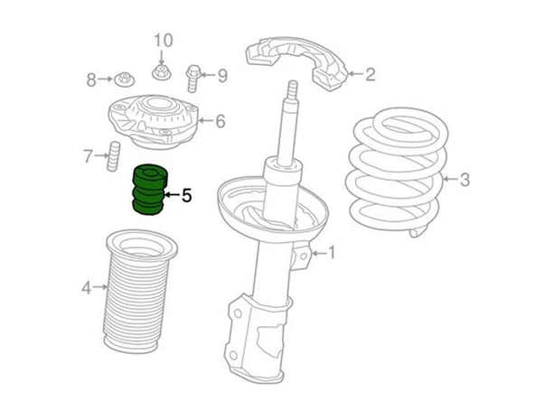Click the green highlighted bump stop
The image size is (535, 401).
149,190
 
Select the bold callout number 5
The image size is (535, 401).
186,195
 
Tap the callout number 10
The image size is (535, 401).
164,41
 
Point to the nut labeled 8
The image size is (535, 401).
124,79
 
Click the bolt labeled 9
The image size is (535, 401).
192,78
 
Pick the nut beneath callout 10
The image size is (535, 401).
161,72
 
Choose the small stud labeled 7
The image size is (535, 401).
114,156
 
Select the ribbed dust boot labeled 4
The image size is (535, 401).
141,291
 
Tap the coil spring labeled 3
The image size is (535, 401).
399,172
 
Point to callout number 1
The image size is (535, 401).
331,253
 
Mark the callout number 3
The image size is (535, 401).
465,180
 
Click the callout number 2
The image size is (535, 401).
371,74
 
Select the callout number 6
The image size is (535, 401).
221,121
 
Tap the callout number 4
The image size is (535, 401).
87,287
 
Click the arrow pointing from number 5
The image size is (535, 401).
172,195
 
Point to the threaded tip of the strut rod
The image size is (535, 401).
293,89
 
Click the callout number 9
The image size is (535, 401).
222,75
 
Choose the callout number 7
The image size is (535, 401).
88,156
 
